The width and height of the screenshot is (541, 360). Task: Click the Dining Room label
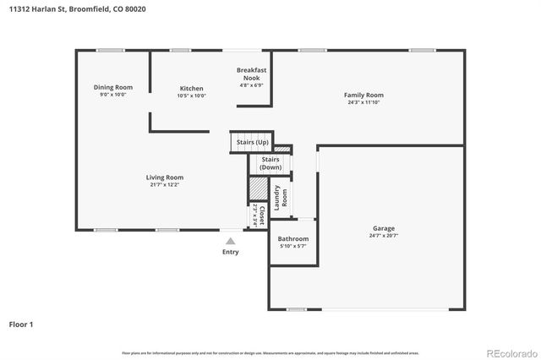click(x=112, y=87)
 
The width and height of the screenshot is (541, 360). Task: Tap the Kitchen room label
click(x=191, y=88)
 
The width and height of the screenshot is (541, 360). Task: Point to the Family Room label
click(x=363, y=95)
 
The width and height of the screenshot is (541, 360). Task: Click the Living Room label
click(x=164, y=177)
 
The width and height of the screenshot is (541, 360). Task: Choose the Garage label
click(x=384, y=227)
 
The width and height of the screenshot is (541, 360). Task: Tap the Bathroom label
click(x=293, y=239)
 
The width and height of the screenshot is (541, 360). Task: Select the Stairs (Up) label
click(x=252, y=142)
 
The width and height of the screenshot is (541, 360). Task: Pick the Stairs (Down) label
click(x=270, y=163)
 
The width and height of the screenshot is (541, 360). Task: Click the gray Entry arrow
click(x=230, y=241)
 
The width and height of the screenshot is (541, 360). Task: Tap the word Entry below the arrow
click(x=230, y=252)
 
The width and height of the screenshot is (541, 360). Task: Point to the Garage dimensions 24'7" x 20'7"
click(x=384, y=236)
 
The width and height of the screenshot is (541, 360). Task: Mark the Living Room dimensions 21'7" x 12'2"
click(x=164, y=184)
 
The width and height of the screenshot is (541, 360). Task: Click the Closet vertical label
click(x=261, y=215)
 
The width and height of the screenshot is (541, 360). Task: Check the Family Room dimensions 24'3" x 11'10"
click(x=363, y=103)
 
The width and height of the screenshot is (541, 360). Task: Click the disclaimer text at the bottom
click(x=270, y=352)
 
